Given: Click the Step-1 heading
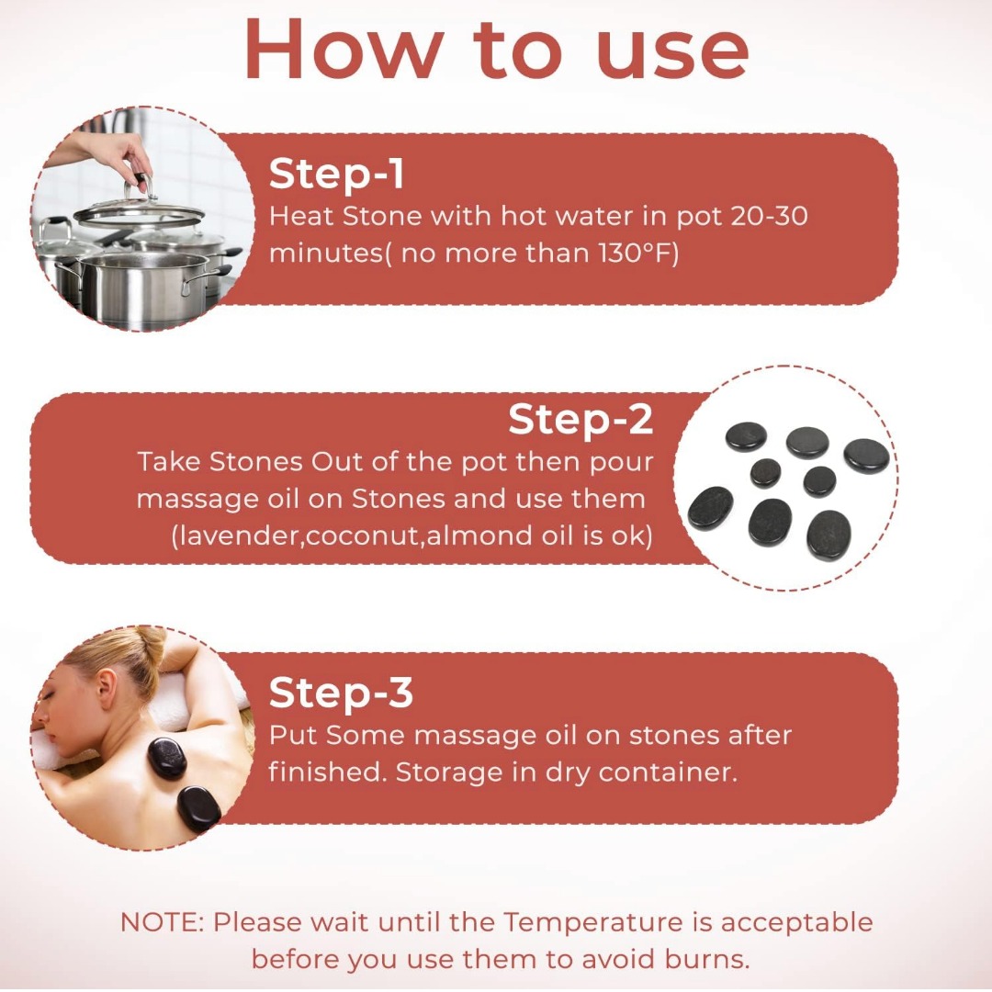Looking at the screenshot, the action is point(336,174).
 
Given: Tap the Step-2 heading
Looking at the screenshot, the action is point(581,420).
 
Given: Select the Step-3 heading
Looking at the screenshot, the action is point(341,693).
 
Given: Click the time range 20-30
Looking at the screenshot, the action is point(769,217).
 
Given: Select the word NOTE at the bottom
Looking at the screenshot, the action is point(162,922).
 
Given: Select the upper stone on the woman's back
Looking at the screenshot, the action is point(167,758).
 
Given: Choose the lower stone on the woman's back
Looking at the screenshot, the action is point(198,806).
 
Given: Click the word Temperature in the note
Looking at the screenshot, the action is point(593,922).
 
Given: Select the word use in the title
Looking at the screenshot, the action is point(672,55).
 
